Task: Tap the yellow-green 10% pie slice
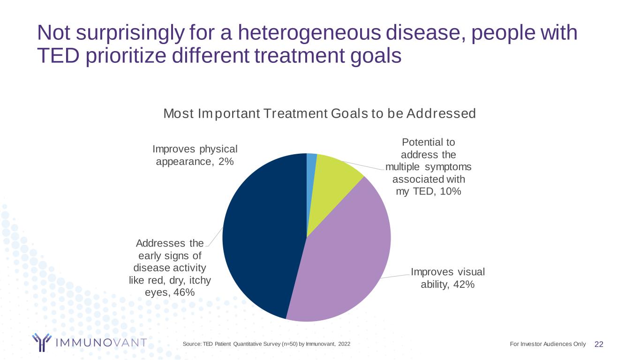pyautogui.click(x=333, y=178)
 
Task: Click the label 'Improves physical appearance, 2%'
pyautogui.click(x=195, y=155)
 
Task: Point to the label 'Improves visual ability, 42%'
pyautogui.click(x=448, y=278)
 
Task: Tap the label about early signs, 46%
pyautogui.click(x=170, y=267)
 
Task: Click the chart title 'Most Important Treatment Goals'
pyautogui.click(x=319, y=113)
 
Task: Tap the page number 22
pyautogui.click(x=599, y=345)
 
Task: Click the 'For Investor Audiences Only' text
pyautogui.click(x=547, y=344)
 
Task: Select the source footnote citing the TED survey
pyautogui.click(x=266, y=345)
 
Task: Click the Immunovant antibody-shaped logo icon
pyautogui.click(x=41, y=342)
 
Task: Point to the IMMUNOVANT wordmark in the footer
pyautogui.click(x=101, y=343)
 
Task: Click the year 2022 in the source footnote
pyautogui.click(x=343, y=345)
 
